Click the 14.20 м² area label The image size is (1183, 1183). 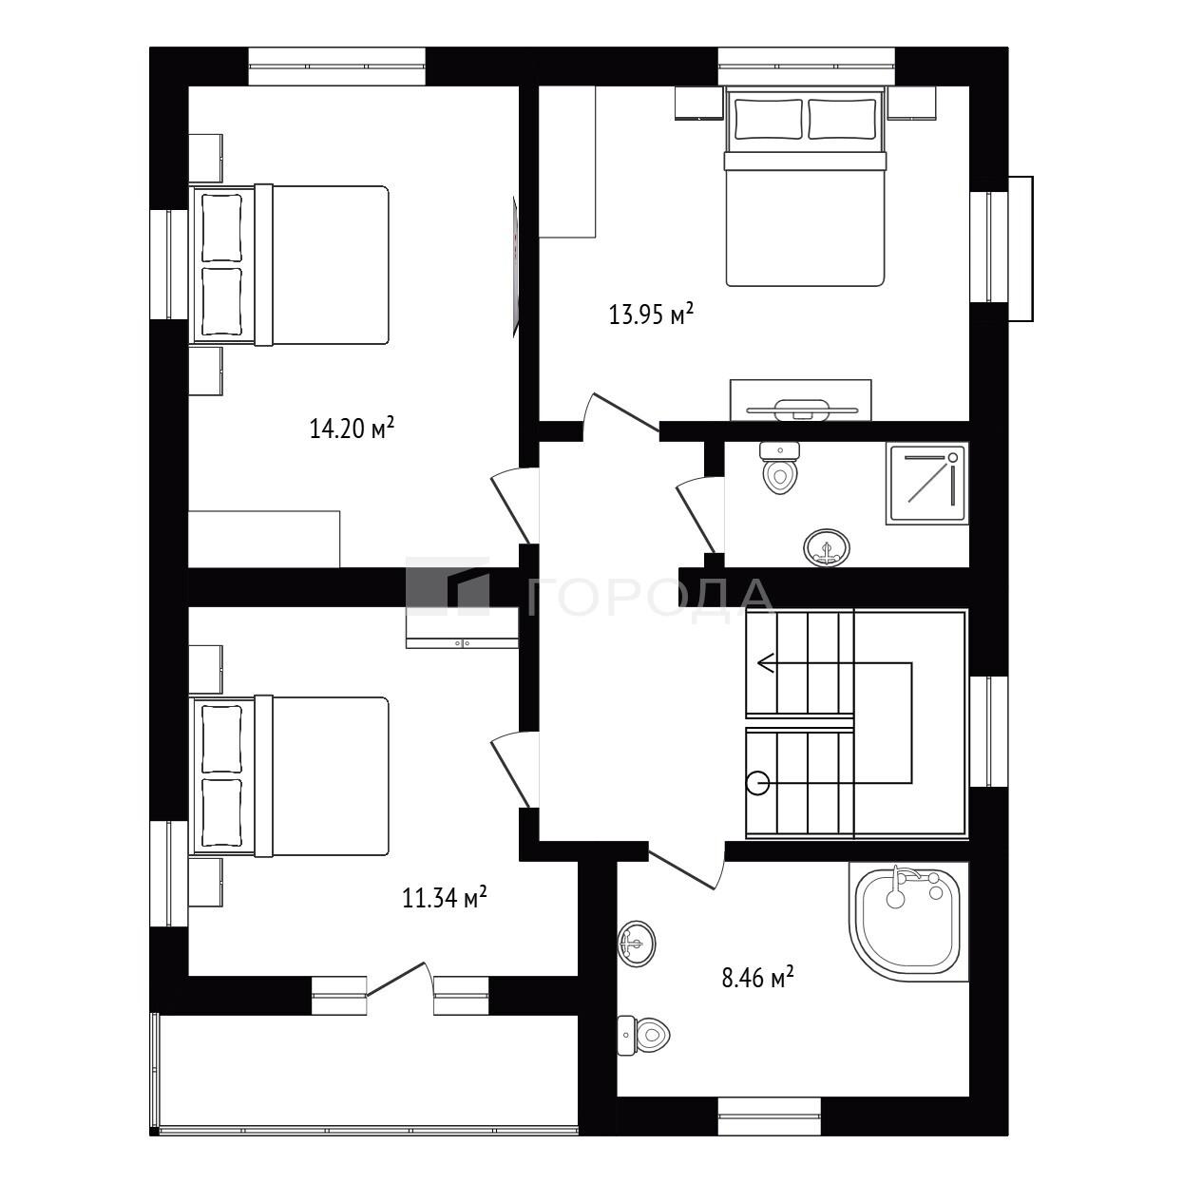[352, 428]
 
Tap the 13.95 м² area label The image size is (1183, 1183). [651, 314]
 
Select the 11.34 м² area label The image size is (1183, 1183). [445, 898]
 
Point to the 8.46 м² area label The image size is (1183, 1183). [757, 994]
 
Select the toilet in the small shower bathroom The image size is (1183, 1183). [780, 467]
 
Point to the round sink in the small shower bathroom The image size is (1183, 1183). [827, 547]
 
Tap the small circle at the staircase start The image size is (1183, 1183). [758, 783]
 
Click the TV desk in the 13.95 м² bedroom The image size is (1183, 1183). [800, 400]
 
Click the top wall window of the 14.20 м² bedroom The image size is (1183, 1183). [336, 67]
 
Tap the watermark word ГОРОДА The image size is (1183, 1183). [650, 598]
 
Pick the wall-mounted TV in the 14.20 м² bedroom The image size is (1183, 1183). [516, 266]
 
